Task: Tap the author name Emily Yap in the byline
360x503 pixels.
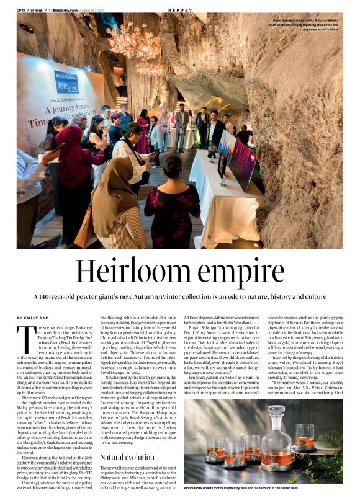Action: [33, 317]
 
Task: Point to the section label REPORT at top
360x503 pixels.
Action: [180, 11]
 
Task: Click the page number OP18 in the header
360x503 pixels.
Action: [21, 11]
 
